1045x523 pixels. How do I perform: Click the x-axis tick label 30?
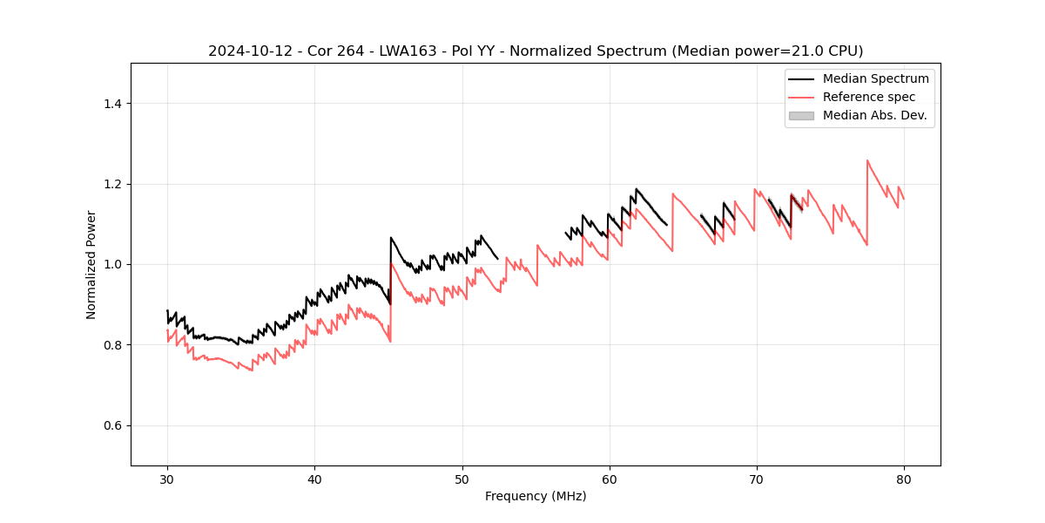(x=167, y=479)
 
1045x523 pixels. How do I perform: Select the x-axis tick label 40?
(x=314, y=479)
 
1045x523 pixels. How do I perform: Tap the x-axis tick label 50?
(x=462, y=479)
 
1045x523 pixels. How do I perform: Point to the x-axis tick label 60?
(x=609, y=479)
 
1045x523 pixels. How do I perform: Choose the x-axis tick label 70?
(x=757, y=479)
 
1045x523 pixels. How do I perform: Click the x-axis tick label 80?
(x=904, y=479)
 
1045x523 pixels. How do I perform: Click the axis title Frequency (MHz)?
(x=536, y=496)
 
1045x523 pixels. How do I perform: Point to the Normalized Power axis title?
(x=91, y=264)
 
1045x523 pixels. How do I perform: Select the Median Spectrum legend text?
(x=875, y=78)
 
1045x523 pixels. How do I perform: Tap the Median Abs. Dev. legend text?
(x=874, y=115)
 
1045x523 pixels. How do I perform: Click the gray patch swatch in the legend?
(x=801, y=115)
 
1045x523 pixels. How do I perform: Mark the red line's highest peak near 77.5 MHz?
(x=867, y=160)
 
